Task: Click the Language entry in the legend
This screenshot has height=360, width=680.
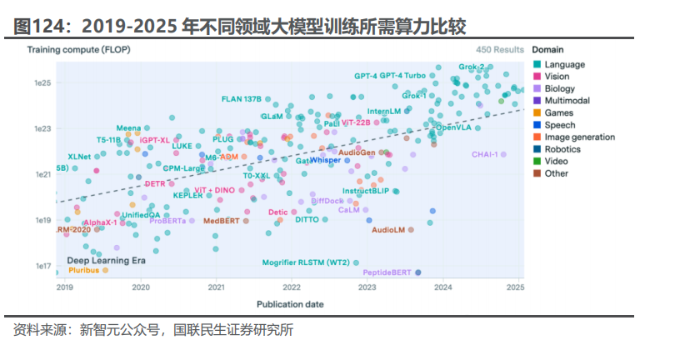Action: (563, 64)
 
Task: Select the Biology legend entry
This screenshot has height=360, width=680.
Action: (560, 88)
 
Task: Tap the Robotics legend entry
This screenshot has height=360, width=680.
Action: (562, 149)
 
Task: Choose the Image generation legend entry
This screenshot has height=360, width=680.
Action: (579, 137)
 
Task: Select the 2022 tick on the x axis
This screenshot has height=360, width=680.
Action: (291, 287)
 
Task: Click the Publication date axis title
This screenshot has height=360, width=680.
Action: (291, 304)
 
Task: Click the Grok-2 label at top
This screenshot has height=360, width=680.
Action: (472, 67)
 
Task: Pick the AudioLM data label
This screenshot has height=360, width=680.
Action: (387, 229)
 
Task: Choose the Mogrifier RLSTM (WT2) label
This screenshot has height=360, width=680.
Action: (305, 262)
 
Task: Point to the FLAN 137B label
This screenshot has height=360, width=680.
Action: (242, 98)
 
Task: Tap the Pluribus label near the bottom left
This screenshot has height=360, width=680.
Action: (83, 270)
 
